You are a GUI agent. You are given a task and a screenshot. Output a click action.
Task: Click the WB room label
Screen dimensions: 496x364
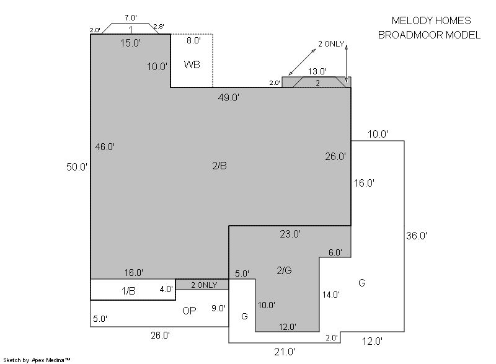(192, 64)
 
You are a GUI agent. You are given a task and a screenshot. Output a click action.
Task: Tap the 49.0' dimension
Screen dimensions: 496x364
(228, 97)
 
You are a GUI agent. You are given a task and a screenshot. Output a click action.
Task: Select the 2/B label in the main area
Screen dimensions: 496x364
(219, 166)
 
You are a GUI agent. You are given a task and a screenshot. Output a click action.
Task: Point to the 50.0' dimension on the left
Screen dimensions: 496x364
(76, 167)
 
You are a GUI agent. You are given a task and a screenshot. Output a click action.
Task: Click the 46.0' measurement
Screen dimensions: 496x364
(105, 147)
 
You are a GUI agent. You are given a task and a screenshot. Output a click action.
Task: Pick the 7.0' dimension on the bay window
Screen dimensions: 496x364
(131, 18)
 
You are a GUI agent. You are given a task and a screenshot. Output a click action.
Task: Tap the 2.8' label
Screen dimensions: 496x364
(159, 27)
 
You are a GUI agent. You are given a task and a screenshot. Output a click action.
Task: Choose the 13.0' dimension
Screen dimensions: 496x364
(317, 71)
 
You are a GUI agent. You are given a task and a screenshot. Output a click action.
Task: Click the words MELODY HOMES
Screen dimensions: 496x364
(431, 20)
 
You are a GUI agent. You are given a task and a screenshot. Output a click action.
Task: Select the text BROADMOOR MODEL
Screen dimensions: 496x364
(429, 35)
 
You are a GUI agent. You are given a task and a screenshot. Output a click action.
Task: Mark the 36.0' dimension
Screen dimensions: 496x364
(417, 236)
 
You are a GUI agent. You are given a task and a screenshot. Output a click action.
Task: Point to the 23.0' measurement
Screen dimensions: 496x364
(290, 234)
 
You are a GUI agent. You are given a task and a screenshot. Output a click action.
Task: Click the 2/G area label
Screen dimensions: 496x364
(284, 270)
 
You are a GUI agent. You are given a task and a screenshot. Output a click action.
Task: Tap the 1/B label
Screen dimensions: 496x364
(128, 291)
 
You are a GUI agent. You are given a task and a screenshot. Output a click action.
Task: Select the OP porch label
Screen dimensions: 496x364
(189, 311)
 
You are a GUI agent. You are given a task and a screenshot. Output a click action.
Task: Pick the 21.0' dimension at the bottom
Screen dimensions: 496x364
(285, 352)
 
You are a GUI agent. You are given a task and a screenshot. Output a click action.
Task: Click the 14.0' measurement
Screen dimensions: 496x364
(331, 295)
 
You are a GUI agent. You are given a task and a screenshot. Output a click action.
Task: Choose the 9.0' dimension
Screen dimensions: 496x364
(218, 308)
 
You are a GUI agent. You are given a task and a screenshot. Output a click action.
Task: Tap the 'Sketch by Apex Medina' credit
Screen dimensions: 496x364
(37, 360)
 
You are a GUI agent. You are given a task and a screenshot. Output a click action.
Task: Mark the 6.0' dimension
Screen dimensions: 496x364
(335, 252)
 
